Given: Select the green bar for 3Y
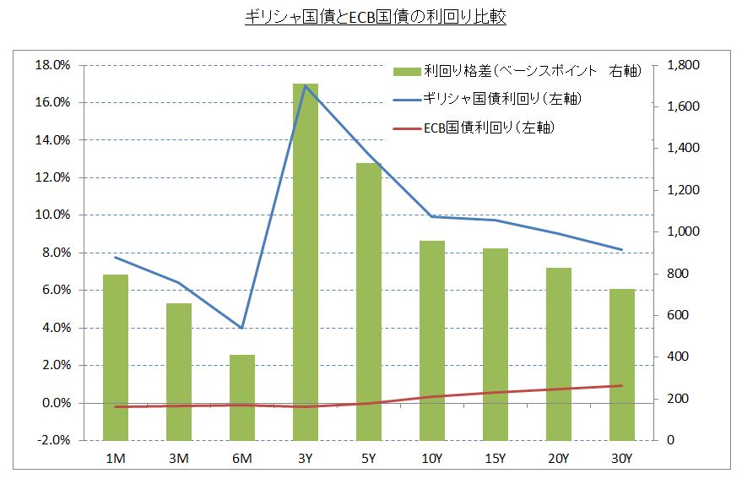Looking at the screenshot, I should pyautogui.click(x=306, y=262).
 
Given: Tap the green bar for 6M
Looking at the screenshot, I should pyautogui.click(x=242, y=397).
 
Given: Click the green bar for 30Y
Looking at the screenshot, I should pyautogui.click(x=621, y=364).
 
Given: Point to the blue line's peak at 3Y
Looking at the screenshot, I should pyautogui.click(x=306, y=85).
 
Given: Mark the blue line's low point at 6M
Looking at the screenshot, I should pyautogui.click(x=242, y=328).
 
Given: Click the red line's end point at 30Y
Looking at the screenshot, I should pyautogui.click(x=621, y=386).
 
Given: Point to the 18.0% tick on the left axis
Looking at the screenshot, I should pyautogui.click(x=51, y=65).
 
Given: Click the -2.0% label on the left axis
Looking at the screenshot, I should pyautogui.click(x=51, y=440).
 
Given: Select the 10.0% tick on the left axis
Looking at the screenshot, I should pyautogui.click(x=51, y=215).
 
